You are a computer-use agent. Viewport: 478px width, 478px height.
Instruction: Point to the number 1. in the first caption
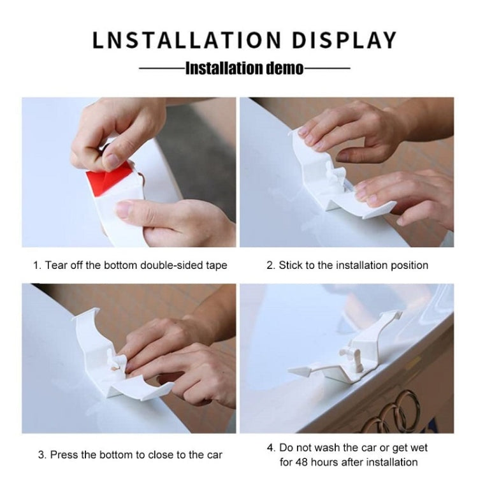[37, 264]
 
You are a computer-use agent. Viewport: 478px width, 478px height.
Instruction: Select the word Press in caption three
[64, 455]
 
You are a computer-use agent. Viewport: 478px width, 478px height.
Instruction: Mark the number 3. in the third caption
[41, 455]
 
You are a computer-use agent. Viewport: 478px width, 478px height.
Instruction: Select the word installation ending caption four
[392, 462]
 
